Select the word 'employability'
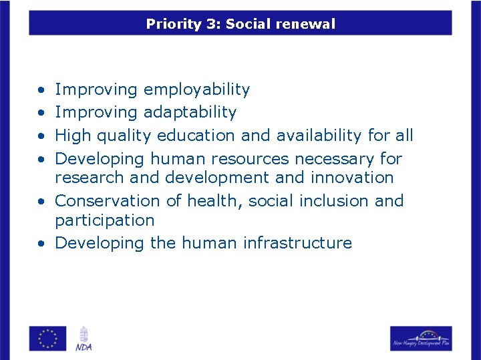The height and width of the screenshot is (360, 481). [196, 89]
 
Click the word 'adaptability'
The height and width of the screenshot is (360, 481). [190, 112]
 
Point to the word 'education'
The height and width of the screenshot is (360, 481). [196, 136]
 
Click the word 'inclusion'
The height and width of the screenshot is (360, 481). [331, 201]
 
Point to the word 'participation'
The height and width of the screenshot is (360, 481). [104, 220]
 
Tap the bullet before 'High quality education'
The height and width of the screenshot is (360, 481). [41, 136]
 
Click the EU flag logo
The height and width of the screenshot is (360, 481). [48, 338]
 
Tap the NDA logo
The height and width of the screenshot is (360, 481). [84, 338]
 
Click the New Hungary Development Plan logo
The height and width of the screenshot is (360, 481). [421, 338]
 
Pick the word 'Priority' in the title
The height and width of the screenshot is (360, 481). [173, 25]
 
